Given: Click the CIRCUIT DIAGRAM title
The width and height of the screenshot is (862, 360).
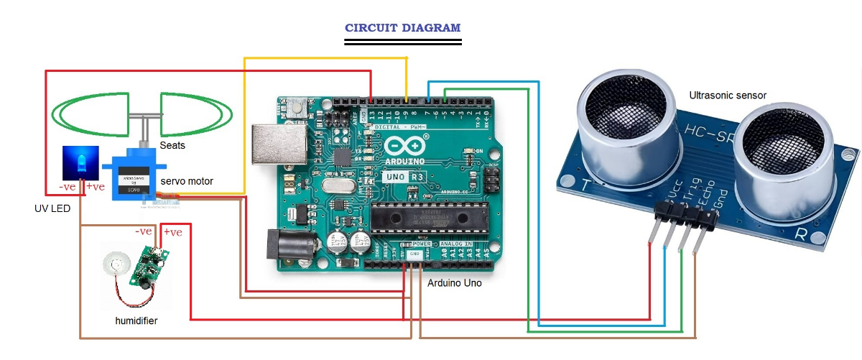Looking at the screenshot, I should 402,28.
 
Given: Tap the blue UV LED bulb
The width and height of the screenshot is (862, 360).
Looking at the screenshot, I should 78,163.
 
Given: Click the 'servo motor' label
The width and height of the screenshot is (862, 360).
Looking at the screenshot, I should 187,182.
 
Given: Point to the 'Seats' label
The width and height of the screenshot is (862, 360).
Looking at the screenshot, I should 172,145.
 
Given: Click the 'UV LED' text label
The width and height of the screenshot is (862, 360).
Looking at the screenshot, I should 52,208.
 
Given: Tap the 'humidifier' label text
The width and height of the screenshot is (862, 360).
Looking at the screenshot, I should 136,320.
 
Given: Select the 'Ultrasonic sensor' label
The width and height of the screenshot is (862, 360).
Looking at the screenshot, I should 728,95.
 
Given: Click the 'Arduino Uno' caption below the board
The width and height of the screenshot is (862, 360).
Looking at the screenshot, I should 455,283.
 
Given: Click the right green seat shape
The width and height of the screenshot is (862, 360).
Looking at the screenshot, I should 195,114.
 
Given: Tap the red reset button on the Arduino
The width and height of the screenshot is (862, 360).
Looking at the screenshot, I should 295,109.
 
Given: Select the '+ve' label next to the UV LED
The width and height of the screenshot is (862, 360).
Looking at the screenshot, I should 94,188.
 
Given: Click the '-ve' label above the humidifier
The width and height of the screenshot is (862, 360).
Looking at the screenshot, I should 144,231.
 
